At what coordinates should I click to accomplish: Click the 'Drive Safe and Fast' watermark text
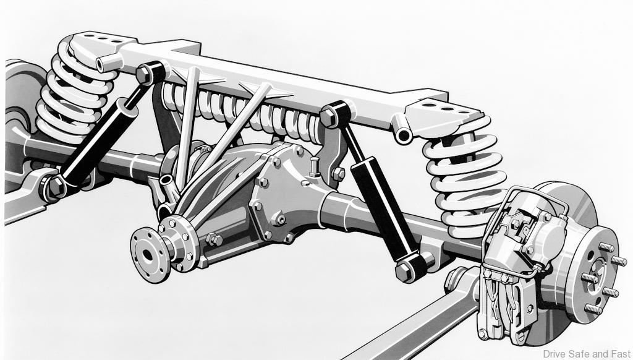pyautogui.click(x=587, y=354)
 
